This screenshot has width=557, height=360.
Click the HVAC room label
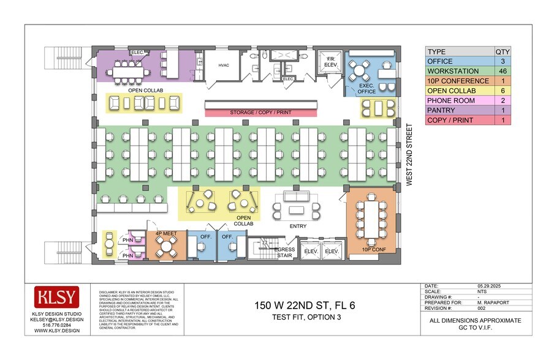tap(223, 66)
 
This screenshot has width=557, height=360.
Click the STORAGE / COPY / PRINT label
tap(261, 113)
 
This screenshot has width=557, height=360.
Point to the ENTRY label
tap(297, 226)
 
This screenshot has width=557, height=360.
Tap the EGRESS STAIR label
tap(284, 253)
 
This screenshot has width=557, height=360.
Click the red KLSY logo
tap(56, 298)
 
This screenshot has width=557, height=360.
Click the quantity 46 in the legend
tap(503, 71)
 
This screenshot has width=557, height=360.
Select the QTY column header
tap(503, 51)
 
